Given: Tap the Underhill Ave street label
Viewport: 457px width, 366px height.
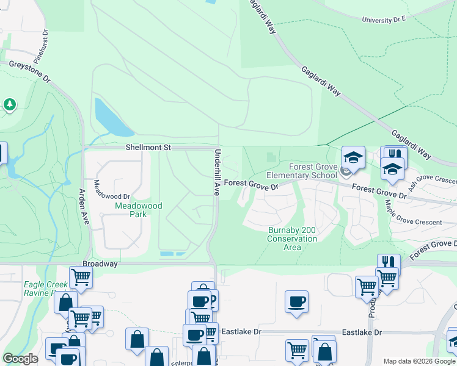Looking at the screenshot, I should (216, 173).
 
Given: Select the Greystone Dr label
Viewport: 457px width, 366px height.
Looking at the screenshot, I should (29, 74).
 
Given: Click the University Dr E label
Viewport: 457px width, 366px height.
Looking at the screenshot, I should (384, 20).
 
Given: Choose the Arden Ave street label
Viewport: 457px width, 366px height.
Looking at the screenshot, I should (82, 206).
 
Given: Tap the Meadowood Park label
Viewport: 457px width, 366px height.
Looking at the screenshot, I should (139, 210).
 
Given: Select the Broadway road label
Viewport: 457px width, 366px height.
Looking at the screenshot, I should (100, 264).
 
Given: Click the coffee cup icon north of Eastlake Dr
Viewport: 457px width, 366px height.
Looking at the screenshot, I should (296, 301).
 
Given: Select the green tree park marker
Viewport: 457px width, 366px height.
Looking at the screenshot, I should (9, 105).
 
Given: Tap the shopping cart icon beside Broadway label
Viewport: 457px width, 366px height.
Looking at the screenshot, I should (81, 278).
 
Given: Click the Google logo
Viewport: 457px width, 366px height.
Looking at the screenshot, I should (21, 359).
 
